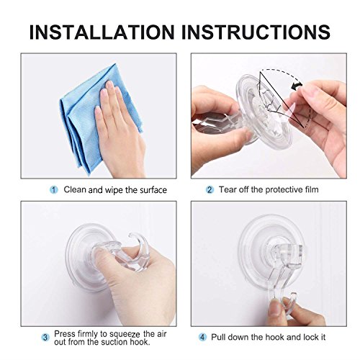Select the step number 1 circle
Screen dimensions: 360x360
pos(53,190)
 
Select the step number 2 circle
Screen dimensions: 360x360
pos(210,190)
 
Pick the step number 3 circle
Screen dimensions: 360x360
pos(45,336)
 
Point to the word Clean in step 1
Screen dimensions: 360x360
pos(75,190)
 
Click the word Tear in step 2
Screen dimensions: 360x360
pos(228,190)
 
